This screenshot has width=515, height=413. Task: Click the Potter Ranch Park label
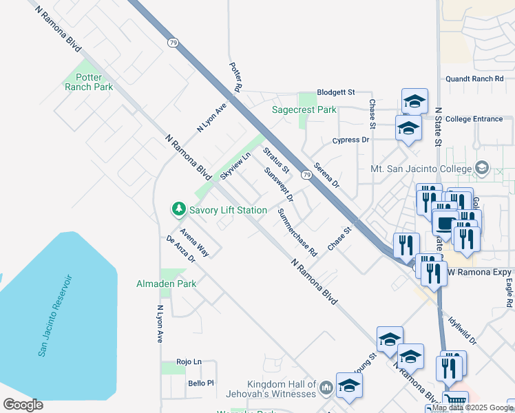click(88, 82)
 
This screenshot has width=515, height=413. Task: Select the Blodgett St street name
click(335, 92)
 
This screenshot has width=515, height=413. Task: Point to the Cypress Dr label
click(350, 140)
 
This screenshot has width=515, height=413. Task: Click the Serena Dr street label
click(326, 175)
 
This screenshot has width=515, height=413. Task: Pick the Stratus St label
click(276, 160)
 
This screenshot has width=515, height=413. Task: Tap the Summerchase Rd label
click(296, 233)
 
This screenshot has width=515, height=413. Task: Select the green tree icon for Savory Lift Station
click(178, 208)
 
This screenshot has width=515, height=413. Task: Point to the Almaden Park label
click(166, 284)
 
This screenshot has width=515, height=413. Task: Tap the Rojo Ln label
click(188, 361)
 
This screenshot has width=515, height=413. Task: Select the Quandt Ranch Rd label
click(479, 78)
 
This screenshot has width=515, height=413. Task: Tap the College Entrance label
click(474, 119)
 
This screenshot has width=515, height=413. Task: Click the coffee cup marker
click(445, 223)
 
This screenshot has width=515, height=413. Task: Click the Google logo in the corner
click(23, 405)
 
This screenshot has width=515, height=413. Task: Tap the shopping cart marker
click(454, 401)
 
